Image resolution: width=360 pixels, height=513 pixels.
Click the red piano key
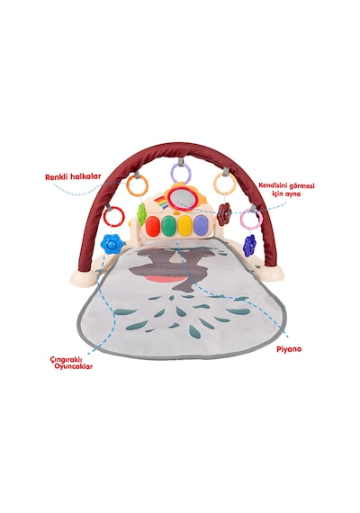[153, 225]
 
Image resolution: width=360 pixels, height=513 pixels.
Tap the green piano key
[168, 224]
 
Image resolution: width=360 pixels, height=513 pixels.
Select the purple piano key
[201, 224]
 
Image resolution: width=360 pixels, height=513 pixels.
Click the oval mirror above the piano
[181, 200]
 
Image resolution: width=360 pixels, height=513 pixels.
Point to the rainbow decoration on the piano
[161, 202]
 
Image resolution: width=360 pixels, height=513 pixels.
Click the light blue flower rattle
[112, 242]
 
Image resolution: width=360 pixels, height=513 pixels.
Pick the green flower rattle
[141, 213]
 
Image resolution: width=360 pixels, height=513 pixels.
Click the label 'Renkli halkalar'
[73, 176]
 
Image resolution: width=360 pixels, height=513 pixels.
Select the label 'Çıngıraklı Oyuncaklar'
[71, 362]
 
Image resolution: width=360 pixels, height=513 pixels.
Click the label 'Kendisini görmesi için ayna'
[287, 189]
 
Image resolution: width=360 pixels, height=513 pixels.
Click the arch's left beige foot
[85, 278]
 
